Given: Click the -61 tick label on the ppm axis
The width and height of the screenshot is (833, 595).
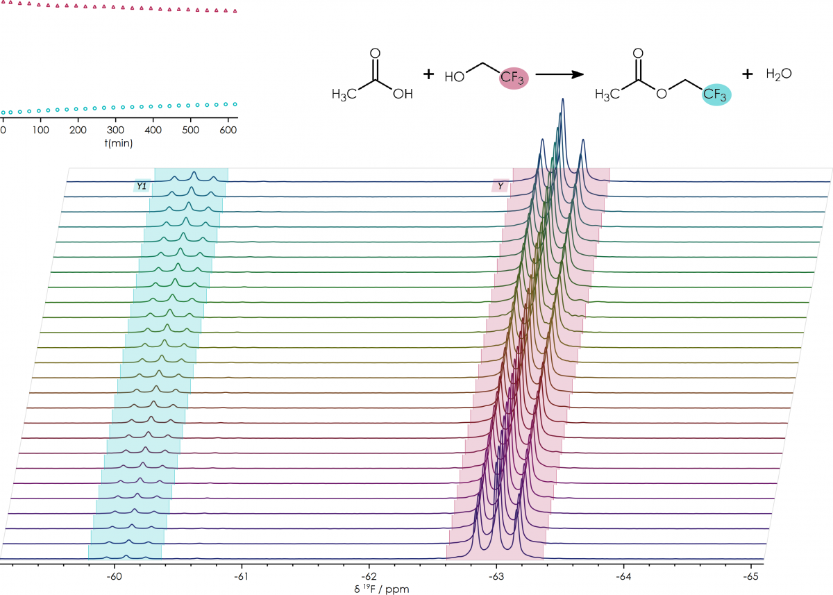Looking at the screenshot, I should pos(242,576).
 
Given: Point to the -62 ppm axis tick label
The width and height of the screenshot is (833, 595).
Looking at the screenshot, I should pos(369,576).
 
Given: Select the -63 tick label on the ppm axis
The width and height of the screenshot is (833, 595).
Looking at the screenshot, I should pos(496,576).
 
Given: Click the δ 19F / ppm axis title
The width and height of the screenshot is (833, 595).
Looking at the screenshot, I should pos(382,589).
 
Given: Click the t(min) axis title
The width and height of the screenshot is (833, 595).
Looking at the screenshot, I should pos(119,143).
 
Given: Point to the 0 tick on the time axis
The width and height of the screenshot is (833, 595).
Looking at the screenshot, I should pos(3,130).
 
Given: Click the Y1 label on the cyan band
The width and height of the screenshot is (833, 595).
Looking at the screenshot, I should pos(142,186).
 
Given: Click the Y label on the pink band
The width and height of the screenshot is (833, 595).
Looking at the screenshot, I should pos(500,186).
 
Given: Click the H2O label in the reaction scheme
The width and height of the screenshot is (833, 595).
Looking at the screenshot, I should pos(779,73).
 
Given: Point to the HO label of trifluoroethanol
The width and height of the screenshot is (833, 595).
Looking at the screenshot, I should pos(455,78).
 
